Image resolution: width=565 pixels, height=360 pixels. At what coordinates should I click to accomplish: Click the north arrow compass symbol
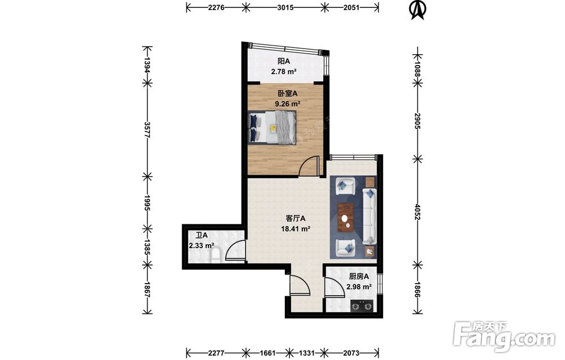418,10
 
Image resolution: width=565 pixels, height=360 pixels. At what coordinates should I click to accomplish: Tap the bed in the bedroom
272,128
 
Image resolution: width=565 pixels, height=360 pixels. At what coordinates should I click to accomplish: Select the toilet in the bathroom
215,254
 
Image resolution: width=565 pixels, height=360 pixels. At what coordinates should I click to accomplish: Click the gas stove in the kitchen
362,306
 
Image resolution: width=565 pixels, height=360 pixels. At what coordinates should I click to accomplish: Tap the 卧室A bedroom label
288,93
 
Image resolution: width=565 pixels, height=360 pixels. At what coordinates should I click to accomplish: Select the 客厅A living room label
295,218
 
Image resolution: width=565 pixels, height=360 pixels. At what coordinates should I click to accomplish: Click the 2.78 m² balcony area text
284,71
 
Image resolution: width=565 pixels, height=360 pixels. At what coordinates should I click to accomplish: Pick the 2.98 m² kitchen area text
359,287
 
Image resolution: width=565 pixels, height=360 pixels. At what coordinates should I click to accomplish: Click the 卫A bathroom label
202,235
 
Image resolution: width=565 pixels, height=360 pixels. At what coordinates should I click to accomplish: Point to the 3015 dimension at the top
285,7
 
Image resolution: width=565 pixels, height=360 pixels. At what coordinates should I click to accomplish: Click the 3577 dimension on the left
147,130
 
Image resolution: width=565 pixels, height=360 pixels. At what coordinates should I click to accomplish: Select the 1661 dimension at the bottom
267,353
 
